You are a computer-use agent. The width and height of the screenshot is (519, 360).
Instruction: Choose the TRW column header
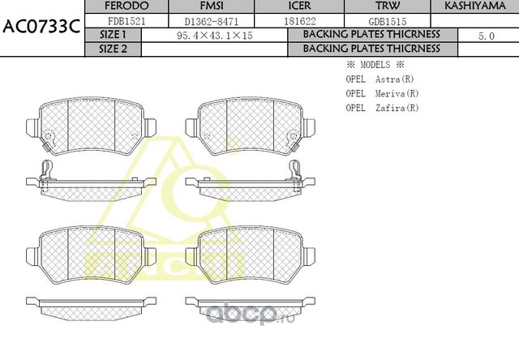388,6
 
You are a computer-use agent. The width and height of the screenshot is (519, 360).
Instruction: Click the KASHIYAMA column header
475,6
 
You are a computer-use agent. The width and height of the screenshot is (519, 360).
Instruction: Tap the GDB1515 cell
387,21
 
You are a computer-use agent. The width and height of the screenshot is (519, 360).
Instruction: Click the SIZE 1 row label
113,35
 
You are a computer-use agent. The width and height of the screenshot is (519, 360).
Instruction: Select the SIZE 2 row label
113,49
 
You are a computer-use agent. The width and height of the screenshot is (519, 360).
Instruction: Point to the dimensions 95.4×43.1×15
214,36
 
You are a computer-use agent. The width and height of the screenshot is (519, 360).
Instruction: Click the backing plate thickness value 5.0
487,36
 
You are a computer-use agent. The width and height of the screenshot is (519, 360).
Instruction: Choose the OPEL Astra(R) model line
380,79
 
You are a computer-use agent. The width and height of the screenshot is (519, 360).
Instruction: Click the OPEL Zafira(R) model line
382,106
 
